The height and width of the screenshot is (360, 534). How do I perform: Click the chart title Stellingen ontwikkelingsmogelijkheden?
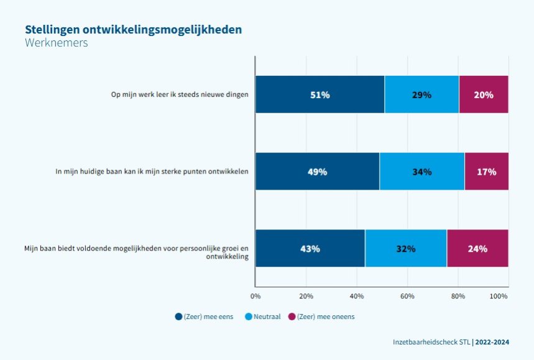click(x=133, y=30)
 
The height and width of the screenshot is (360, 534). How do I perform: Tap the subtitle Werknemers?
click(x=57, y=44)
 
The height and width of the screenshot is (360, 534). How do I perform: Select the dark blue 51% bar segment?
click(x=320, y=95)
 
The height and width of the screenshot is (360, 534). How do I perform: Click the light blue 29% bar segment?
click(x=421, y=95)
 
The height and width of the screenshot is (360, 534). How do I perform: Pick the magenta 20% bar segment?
click(x=483, y=95)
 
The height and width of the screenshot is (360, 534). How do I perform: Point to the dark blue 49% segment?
click(x=317, y=172)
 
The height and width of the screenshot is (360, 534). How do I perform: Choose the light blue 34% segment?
click(x=421, y=172)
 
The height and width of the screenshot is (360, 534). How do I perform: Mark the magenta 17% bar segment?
click(x=486, y=172)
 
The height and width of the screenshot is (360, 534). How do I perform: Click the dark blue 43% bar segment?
click(x=310, y=249)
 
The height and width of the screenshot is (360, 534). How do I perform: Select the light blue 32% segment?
click(x=405, y=249)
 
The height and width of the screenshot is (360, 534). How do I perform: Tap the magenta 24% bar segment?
click(x=477, y=249)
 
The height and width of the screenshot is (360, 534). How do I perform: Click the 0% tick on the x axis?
click(x=255, y=297)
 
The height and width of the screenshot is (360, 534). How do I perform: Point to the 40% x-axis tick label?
click(x=357, y=297)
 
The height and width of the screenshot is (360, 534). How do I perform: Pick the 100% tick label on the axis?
click(x=499, y=297)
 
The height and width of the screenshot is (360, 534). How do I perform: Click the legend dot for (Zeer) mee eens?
click(x=179, y=316)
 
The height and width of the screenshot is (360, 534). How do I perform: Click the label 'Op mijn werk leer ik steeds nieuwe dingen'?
click(x=178, y=95)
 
